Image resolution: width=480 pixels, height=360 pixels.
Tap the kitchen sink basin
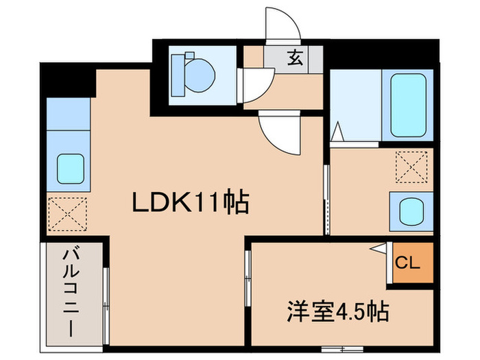[x=69, y=168]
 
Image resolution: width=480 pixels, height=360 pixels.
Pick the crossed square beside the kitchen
[x=68, y=213]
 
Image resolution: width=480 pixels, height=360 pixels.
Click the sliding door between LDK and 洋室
[x=248, y=278]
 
